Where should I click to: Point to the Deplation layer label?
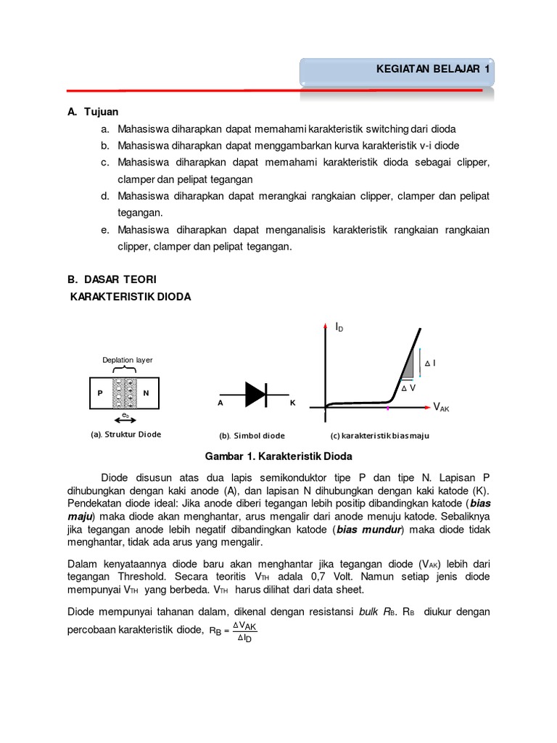coord(127,360)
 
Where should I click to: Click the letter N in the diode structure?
coord(146,393)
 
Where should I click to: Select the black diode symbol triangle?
coord(255,394)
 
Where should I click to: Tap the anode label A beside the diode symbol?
coord(220,401)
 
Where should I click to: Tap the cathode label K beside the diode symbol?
coord(293,401)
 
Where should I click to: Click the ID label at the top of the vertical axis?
coord(339,329)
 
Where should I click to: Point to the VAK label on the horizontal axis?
coord(441,408)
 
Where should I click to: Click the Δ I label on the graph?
coord(430,363)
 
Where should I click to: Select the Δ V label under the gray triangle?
coord(409,388)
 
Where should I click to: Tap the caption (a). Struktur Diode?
coord(125,434)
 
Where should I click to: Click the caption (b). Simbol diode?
coord(252,435)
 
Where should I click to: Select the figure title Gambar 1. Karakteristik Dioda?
coord(278,456)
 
